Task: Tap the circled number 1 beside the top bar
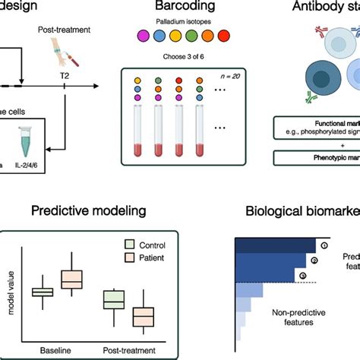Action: (x=321, y=245)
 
